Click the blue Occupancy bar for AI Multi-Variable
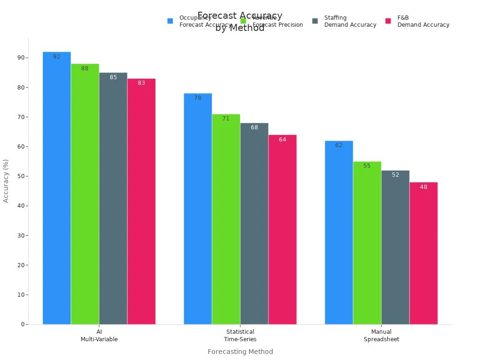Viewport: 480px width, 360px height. [x=57, y=187]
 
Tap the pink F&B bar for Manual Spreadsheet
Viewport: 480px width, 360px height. [x=423, y=253]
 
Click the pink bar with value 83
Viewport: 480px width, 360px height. [x=141, y=201]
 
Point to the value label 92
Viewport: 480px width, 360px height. [x=57, y=57]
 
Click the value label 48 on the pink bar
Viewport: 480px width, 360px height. [x=423, y=187]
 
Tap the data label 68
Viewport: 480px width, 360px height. [x=254, y=127]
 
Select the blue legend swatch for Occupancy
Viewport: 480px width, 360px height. [x=170, y=21]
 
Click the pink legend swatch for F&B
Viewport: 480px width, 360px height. [x=388, y=21]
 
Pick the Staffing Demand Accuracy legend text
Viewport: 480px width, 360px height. [x=350, y=21]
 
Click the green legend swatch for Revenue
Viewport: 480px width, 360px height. [x=243, y=21]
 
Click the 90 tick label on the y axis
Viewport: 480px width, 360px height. [x=21, y=58]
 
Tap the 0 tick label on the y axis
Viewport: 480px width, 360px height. [x=22, y=324]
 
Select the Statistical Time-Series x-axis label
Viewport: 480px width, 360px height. [x=240, y=336]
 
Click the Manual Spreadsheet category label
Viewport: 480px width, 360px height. [x=381, y=336]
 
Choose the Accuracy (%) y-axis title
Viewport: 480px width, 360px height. [x=6, y=181]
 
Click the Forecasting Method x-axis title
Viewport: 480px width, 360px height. [x=240, y=352]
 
